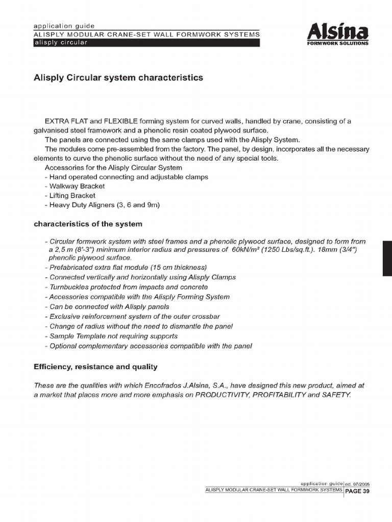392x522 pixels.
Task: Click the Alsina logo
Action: pos(337,32)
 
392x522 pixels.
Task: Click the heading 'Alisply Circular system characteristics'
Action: pos(118,78)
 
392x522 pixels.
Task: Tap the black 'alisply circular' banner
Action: pos(146,43)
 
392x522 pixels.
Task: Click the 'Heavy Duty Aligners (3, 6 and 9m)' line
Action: pos(102,205)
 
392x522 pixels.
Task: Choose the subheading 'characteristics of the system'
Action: pos(88,224)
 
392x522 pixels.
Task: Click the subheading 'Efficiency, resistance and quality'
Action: pos(95,367)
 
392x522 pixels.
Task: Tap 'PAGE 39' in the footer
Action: pos(357,491)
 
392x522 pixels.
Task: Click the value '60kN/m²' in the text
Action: pos(247,250)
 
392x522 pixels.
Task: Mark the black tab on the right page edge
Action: pos(387,259)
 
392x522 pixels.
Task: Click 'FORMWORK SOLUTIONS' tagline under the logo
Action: pos(337,43)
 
